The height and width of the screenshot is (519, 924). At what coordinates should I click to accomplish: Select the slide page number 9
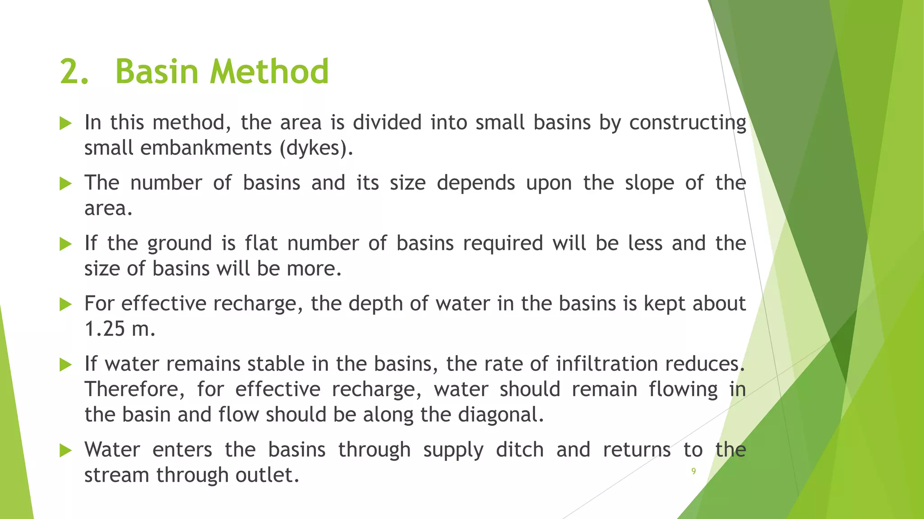coord(693,471)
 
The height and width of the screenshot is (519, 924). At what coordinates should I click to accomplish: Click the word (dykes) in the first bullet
coord(315,148)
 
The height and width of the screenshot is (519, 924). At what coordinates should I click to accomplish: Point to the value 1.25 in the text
coord(105,329)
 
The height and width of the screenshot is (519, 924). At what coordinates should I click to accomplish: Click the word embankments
coord(206,148)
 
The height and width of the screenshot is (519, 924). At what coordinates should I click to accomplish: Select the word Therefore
coord(134,389)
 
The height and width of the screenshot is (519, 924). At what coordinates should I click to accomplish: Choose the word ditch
coord(520,450)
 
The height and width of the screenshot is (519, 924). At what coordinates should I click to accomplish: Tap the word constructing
coord(688,123)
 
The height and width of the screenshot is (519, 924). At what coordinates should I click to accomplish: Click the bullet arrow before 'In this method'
coord(66,123)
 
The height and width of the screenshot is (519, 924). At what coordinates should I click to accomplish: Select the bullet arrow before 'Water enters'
coord(66,450)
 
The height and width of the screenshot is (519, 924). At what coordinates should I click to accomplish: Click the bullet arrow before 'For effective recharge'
coord(66,304)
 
